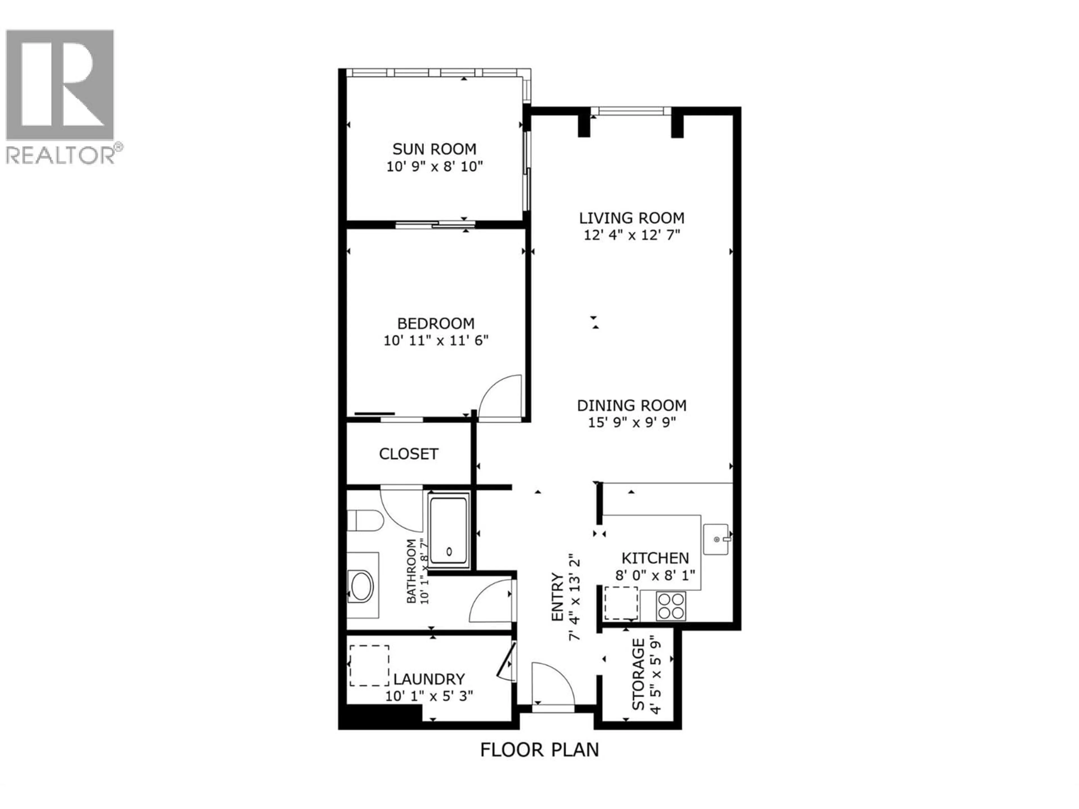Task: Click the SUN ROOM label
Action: (x=434, y=148)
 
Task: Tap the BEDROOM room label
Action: (x=436, y=323)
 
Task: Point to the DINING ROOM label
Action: (x=632, y=405)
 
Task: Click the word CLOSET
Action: (x=408, y=454)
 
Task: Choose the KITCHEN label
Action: (x=655, y=558)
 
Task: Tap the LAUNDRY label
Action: (x=429, y=679)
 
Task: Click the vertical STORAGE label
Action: (x=638, y=674)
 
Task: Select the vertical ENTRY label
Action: (x=557, y=597)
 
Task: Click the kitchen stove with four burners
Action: (x=671, y=606)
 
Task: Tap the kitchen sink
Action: (x=716, y=539)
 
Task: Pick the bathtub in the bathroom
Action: (x=449, y=531)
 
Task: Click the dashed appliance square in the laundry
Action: (x=369, y=666)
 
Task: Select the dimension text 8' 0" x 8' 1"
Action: (x=655, y=575)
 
